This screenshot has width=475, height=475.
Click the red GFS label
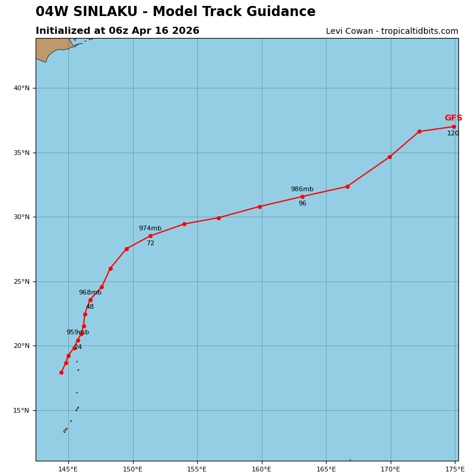tap(453, 118)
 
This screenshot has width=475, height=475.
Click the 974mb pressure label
tap(150, 229)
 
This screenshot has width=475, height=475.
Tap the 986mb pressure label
tap(302, 189)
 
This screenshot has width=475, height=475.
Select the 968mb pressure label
tap(90, 293)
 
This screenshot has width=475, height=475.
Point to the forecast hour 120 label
tap(453, 134)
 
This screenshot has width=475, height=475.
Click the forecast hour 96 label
tap(302, 204)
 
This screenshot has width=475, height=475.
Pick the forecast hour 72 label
tap(150, 243)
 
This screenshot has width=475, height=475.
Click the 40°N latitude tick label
tap(21, 88)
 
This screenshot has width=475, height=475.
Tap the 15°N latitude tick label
tap(21, 411)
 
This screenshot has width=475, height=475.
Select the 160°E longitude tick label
tap(262, 470)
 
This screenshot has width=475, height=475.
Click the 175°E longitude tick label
tap(455, 470)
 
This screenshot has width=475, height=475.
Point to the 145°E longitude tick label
tap(68, 470)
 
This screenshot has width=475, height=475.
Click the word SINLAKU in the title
tap(107, 12)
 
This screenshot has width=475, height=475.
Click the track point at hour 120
tap(454, 126)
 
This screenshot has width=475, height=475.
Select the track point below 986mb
tap(302, 197)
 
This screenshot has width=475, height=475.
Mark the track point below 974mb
tap(150, 236)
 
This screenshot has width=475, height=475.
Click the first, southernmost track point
tap(61, 372)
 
